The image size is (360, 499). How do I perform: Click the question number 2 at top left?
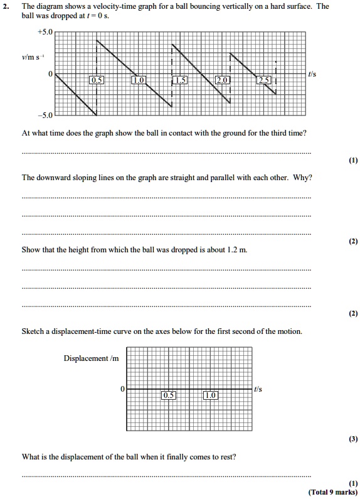point(9,6)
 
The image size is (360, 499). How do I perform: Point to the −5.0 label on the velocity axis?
point(46,115)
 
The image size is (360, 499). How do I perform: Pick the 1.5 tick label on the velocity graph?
point(179,80)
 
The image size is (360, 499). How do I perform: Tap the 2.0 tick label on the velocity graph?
point(222,80)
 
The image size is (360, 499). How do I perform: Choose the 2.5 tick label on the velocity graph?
point(264,80)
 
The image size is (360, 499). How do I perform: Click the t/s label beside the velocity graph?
point(312,74)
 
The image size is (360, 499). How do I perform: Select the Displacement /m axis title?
point(91,358)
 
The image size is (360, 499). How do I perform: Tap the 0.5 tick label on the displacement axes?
point(168,395)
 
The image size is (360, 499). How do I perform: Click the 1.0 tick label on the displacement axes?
point(210,395)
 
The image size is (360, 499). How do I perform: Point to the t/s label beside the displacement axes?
point(258,389)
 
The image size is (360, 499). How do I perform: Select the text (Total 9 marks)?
point(333,492)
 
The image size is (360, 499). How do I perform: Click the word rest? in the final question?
point(228,456)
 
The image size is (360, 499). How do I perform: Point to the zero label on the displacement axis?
point(123,389)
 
